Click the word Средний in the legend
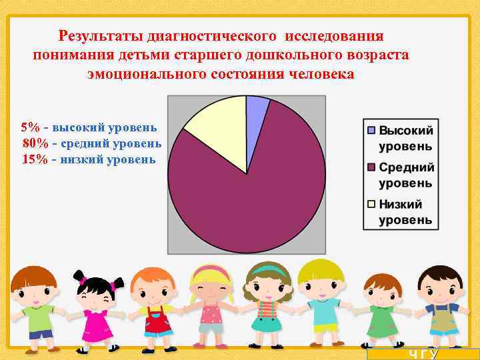pyautogui.click(x=406, y=167)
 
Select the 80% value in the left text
pyautogui.click(x=34, y=143)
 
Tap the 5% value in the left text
pyautogui.click(x=30, y=127)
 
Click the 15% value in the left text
pyautogui.click(x=34, y=159)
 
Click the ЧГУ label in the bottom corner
pyautogui.click(x=423, y=354)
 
